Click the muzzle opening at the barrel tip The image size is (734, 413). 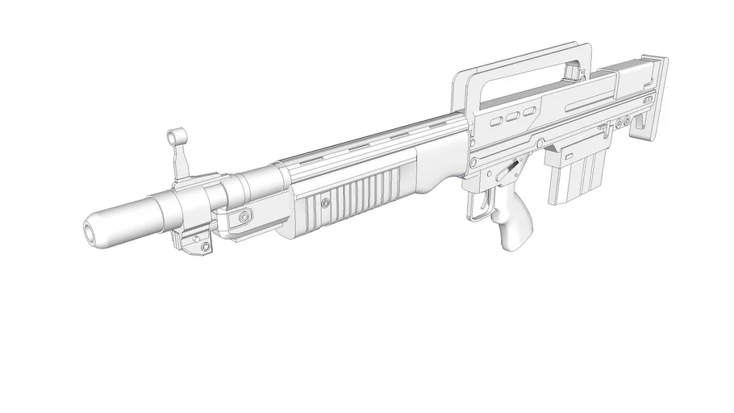[90, 232]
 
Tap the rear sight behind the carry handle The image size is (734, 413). [576, 75]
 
